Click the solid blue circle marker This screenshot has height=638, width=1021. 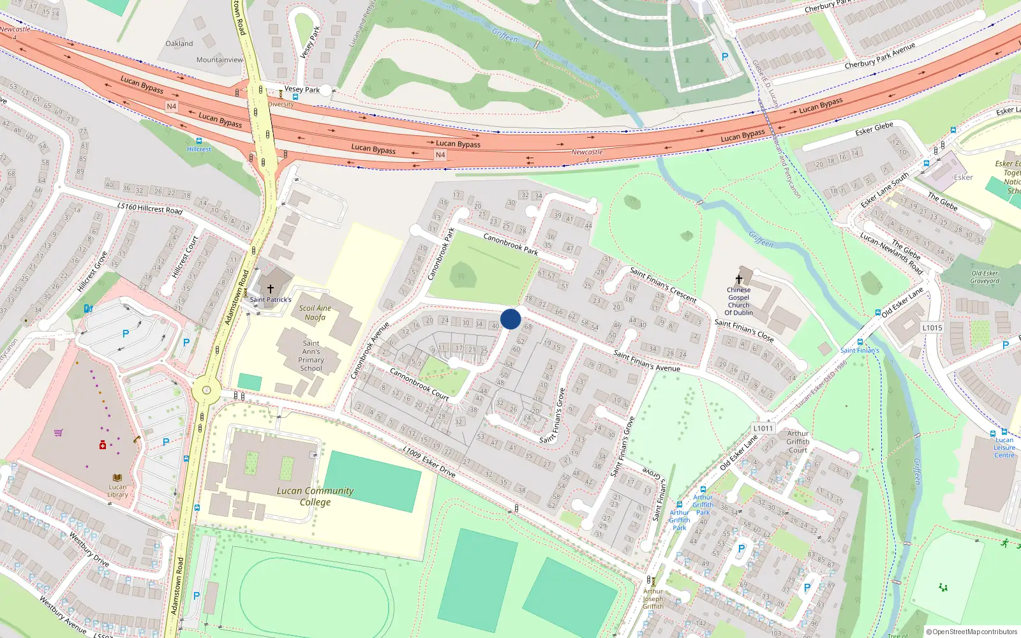[511, 319]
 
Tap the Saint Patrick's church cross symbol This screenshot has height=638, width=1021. [270, 289]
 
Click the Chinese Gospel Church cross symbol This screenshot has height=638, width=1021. [739, 279]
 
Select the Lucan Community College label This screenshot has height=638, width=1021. [315, 496]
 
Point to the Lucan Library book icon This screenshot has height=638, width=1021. [117, 477]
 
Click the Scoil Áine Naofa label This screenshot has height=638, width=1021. [315, 313]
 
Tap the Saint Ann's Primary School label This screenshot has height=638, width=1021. [311, 355]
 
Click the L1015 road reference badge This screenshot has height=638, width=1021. [932, 328]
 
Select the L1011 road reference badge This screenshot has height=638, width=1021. [763, 428]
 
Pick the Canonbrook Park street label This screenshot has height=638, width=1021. [511, 244]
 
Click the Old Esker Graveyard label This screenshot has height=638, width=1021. [985, 277]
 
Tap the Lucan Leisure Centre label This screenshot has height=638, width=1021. [1004, 447]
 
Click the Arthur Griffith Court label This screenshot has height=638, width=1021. [798, 441]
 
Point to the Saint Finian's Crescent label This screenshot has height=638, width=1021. [663, 285]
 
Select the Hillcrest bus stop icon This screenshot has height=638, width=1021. [199, 141]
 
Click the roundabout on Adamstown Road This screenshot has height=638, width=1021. [206, 390]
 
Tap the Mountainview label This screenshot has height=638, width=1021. [220, 60]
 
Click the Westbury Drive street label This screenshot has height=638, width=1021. [89, 549]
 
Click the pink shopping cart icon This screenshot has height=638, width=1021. [58, 433]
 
